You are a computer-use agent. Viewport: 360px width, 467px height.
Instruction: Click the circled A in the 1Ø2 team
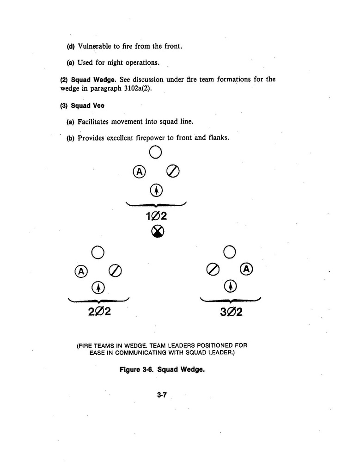(x=140, y=171)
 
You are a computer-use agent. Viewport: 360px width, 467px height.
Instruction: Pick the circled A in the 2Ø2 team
(x=81, y=271)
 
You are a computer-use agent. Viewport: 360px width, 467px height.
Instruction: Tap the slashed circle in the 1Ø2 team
(x=172, y=171)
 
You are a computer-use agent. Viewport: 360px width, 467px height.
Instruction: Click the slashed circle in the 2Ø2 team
(x=115, y=271)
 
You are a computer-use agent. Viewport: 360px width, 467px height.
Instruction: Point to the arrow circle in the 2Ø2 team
(x=98, y=288)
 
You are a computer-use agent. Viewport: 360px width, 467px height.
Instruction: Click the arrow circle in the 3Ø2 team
(x=230, y=287)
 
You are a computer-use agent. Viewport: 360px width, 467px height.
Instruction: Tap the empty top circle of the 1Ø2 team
(x=155, y=152)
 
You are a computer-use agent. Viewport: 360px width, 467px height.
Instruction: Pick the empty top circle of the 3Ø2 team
(x=230, y=252)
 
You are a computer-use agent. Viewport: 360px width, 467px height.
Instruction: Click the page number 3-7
(x=161, y=394)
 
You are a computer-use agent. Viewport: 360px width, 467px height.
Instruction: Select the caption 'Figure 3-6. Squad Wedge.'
(x=162, y=370)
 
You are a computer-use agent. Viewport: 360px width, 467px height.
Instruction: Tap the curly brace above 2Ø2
(x=98, y=300)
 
